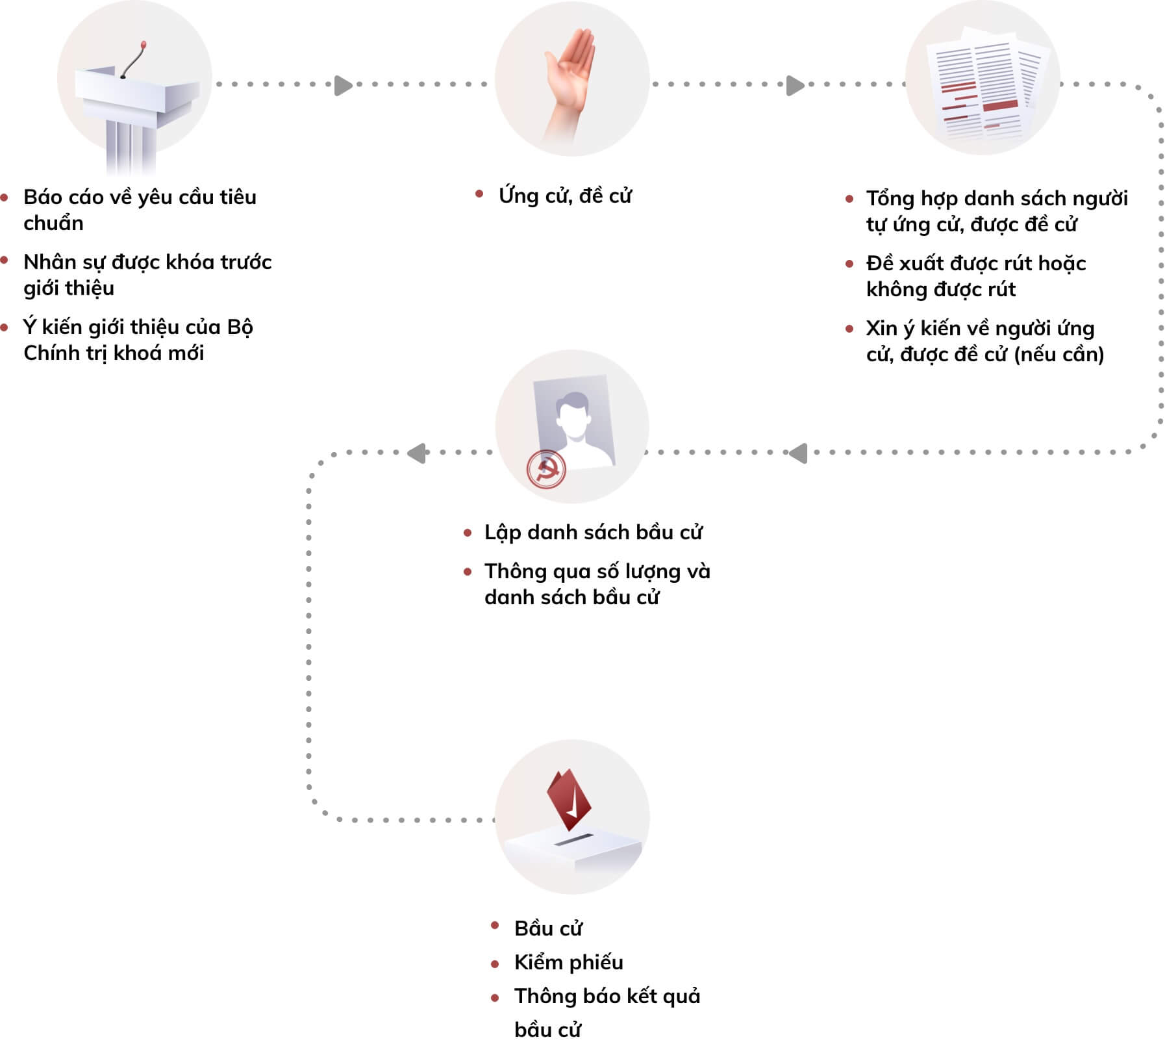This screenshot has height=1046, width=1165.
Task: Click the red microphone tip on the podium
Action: [x=144, y=45]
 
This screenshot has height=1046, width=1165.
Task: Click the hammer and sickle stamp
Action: [x=545, y=468]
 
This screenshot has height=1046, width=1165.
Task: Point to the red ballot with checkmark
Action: [x=569, y=800]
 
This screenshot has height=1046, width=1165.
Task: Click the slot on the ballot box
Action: [x=575, y=840]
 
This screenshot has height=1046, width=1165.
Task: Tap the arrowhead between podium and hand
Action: [x=343, y=85]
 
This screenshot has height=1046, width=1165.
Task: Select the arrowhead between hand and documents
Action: [x=795, y=85]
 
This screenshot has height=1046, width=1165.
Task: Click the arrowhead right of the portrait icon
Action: [x=798, y=453]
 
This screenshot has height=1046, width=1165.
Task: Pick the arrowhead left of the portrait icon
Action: [x=416, y=453]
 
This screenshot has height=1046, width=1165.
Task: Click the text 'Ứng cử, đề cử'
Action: [x=565, y=196]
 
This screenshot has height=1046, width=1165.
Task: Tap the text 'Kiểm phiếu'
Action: [x=568, y=962]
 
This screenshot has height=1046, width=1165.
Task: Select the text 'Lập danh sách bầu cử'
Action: [x=593, y=532]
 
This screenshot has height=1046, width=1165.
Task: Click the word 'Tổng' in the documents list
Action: [x=890, y=198]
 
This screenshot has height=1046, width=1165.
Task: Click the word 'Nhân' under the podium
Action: [x=48, y=262]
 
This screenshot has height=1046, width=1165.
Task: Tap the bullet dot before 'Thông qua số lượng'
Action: [x=468, y=572]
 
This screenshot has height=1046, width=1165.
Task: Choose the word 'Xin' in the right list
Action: [x=881, y=328]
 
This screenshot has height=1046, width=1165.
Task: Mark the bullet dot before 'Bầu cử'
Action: [x=495, y=925]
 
